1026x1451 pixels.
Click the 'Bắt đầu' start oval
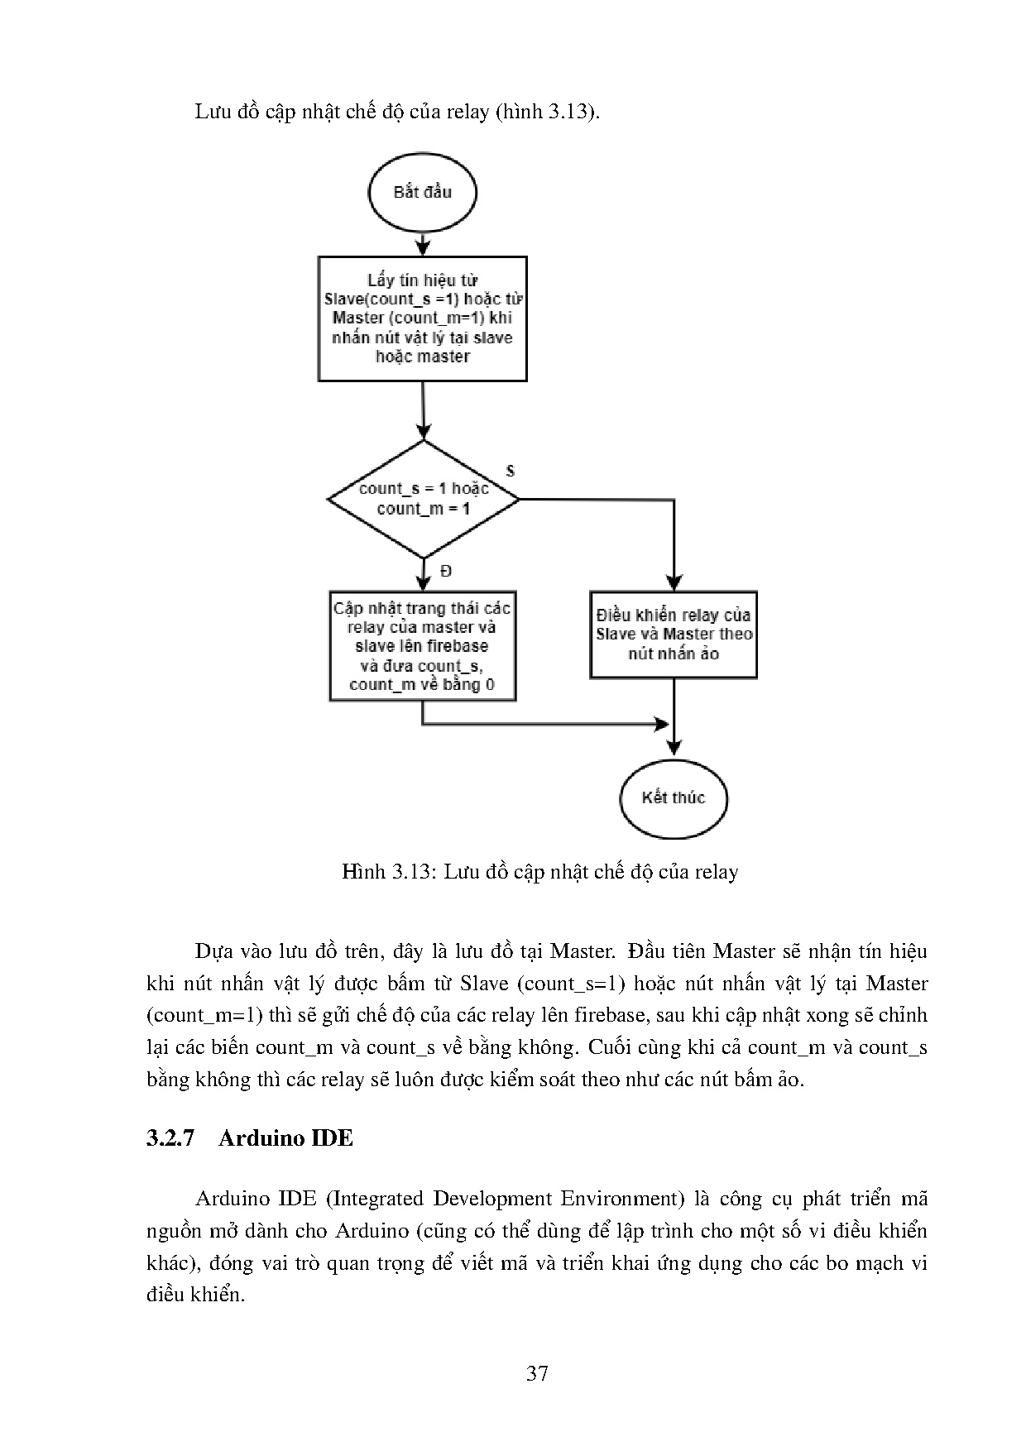422,192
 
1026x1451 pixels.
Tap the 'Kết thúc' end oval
673,798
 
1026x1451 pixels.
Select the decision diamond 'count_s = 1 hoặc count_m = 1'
423,499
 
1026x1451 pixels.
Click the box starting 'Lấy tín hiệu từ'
422,318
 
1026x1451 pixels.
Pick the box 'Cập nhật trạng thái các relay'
422,646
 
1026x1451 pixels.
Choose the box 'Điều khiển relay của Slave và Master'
674,635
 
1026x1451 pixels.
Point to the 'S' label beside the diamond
510,471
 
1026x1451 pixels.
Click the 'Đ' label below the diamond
446,572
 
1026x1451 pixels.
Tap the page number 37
537,1374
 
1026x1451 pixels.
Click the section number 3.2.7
170,1138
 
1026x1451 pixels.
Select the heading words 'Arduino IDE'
285,1138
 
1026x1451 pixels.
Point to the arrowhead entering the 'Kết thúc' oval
674,747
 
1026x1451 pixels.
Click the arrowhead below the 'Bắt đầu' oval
423,247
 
